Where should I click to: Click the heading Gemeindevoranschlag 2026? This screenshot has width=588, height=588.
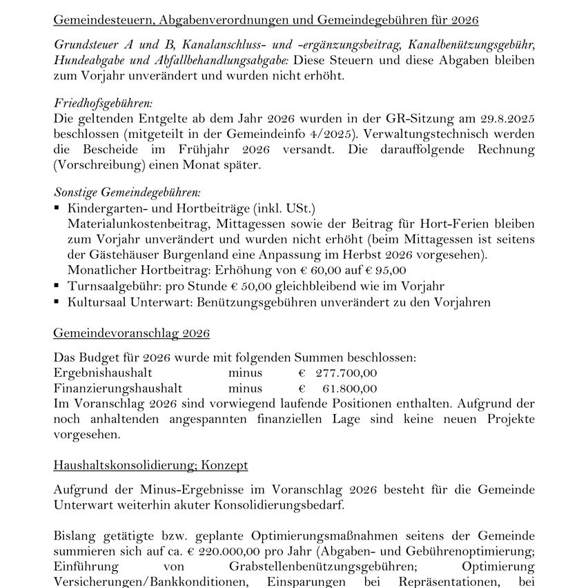(x=131, y=333)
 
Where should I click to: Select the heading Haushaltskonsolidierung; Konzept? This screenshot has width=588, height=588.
(x=150, y=465)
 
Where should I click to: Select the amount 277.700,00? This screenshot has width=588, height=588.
(x=346, y=373)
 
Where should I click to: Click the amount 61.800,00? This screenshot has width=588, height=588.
(x=350, y=388)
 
